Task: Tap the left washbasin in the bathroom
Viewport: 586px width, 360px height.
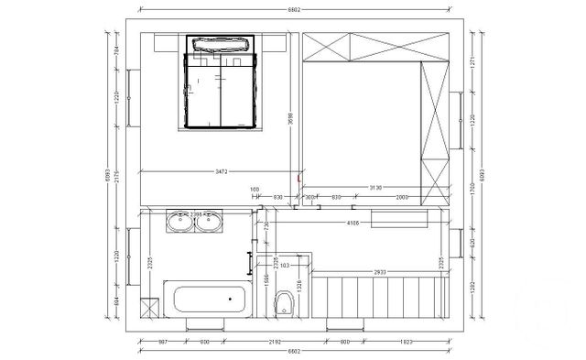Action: pyautogui.click(x=179, y=222)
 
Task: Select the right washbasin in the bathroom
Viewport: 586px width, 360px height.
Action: pyautogui.click(x=211, y=222)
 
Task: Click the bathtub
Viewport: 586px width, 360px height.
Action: pyautogui.click(x=209, y=300)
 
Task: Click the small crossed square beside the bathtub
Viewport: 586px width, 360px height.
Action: pyautogui.click(x=148, y=306)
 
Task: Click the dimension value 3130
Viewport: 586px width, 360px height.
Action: pyautogui.click(x=375, y=188)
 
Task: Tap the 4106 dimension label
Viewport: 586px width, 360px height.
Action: pyautogui.click(x=351, y=223)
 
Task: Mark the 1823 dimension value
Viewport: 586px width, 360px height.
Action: pyautogui.click(x=405, y=342)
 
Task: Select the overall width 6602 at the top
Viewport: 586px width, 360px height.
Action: pyautogui.click(x=294, y=10)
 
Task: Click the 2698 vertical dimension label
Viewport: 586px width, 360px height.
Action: pyautogui.click(x=289, y=113)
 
